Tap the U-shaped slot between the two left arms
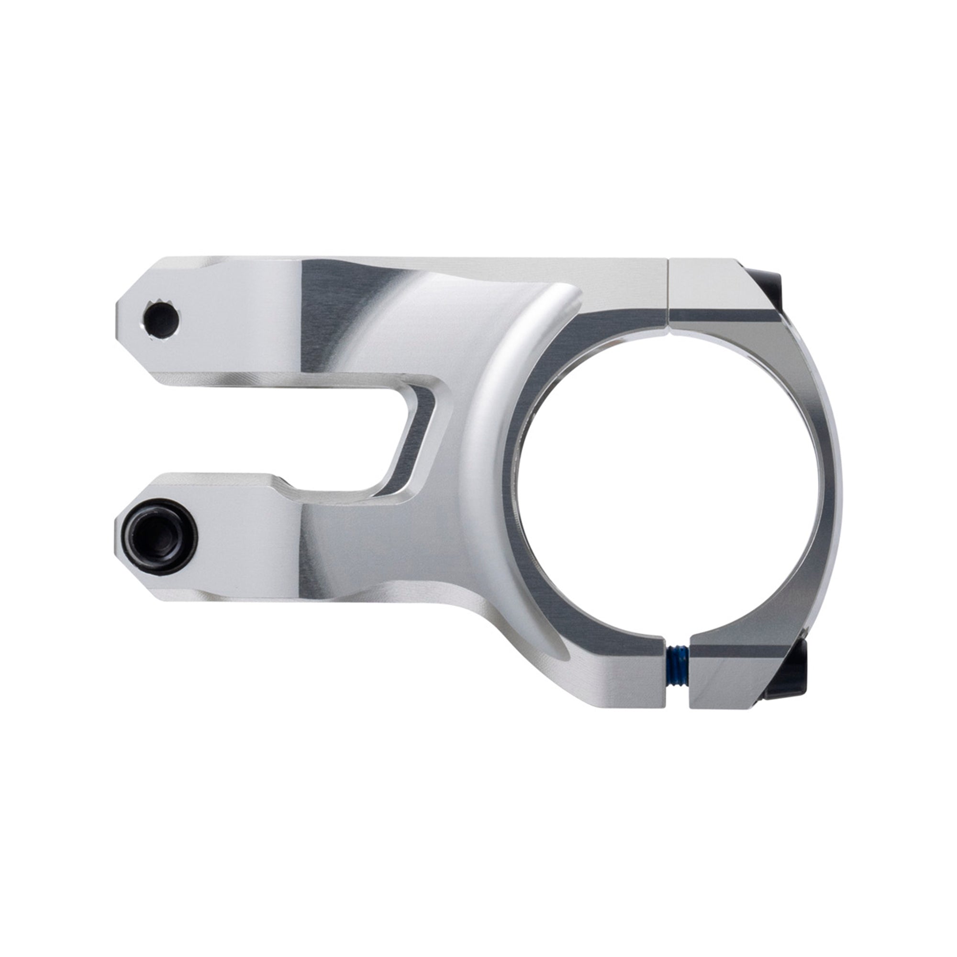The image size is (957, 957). pos(297,436)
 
